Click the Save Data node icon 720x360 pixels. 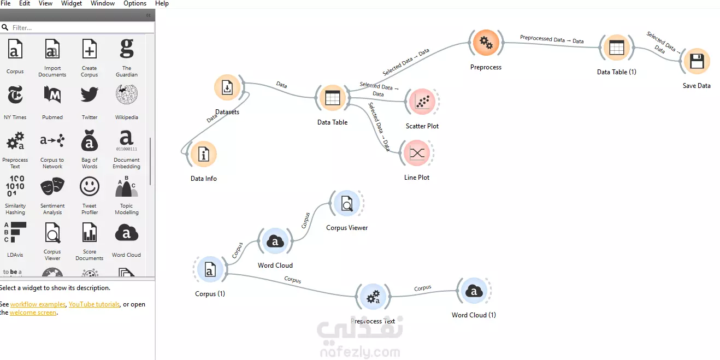click(x=697, y=62)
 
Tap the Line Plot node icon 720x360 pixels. click(x=417, y=153)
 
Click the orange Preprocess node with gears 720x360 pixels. click(x=486, y=43)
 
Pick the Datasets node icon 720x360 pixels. click(x=228, y=88)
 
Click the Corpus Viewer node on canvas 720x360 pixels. click(x=347, y=204)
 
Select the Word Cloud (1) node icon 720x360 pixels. click(x=474, y=291)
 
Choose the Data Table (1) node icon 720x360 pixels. click(x=617, y=48)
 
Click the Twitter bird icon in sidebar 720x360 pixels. click(x=90, y=95)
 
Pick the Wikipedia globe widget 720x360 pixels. click(x=127, y=95)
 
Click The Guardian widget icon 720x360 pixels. click(x=127, y=49)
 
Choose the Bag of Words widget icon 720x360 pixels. click(x=90, y=142)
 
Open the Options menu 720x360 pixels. click(x=135, y=3)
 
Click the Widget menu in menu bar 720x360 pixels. click(x=72, y=3)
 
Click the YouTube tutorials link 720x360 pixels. click(x=94, y=304)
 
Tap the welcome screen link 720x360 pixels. click(x=33, y=312)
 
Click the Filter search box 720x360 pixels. click(x=76, y=27)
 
